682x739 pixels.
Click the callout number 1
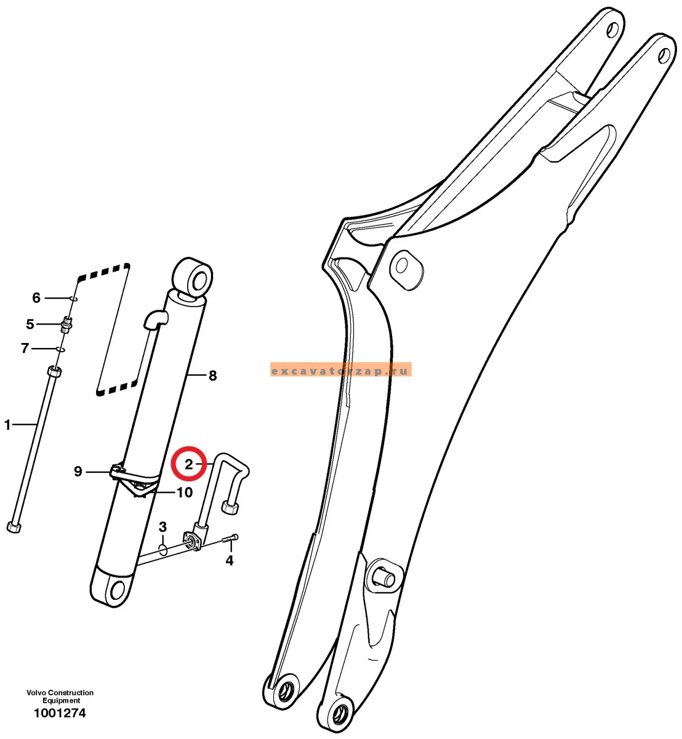pyautogui.click(x=7, y=424)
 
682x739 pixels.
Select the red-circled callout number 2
pyautogui.click(x=189, y=464)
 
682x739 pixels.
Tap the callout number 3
pyautogui.click(x=162, y=527)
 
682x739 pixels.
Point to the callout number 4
pyautogui.click(x=230, y=560)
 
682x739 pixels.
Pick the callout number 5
pyautogui.click(x=30, y=324)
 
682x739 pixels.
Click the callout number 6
pyautogui.click(x=36, y=297)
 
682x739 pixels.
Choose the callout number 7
pyautogui.click(x=25, y=349)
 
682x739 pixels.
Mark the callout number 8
pyautogui.click(x=213, y=376)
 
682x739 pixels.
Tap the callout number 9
pyautogui.click(x=78, y=472)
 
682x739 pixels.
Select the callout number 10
pyautogui.click(x=185, y=493)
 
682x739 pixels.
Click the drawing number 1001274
pyautogui.click(x=60, y=713)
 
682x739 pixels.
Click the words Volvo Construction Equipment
pyautogui.click(x=60, y=697)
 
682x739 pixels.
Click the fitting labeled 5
pyautogui.click(x=66, y=324)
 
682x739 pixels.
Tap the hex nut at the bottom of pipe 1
pyautogui.click(x=14, y=527)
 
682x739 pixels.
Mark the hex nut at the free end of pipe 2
pyautogui.click(x=230, y=507)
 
